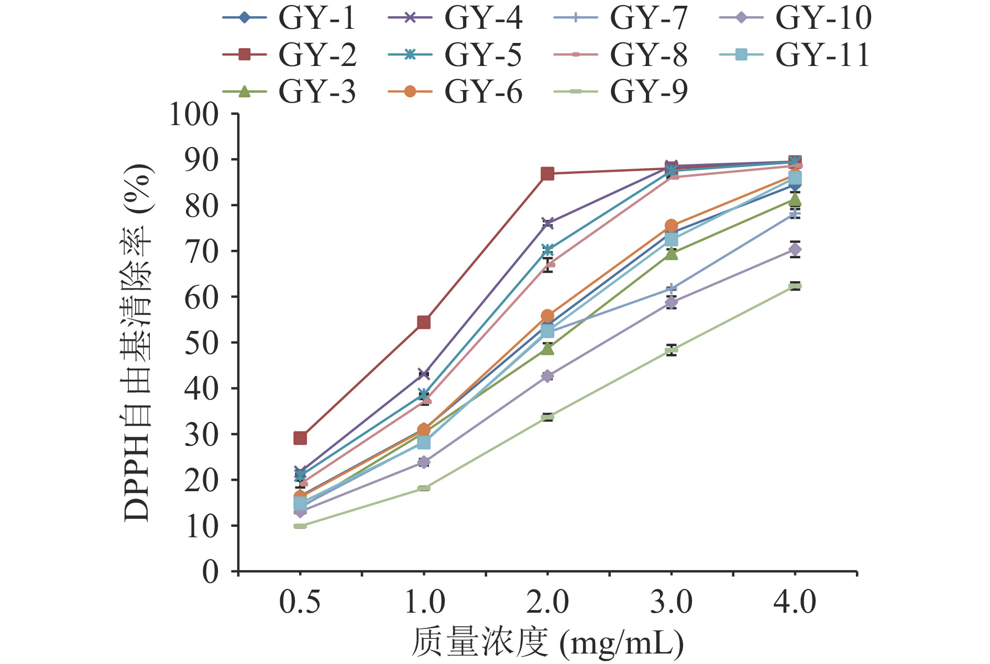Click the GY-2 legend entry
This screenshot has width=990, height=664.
click(x=289, y=54)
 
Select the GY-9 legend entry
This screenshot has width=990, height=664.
click(x=621, y=92)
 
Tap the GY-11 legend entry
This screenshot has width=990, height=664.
click(x=795, y=54)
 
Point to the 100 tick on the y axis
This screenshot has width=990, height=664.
click(x=194, y=114)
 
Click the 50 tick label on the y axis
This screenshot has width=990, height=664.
click(x=202, y=343)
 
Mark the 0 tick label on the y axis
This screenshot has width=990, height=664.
click(x=211, y=571)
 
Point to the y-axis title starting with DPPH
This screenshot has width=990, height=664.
click(x=137, y=343)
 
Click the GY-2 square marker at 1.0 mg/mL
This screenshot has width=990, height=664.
click(x=424, y=322)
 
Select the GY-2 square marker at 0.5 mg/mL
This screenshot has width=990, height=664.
click(x=300, y=438)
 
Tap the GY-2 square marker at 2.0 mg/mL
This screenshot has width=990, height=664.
click(x=547, y=174)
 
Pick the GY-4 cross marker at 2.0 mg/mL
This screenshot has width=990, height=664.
click(x=547, y=224)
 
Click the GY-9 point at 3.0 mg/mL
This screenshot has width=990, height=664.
click(x=672, y=350)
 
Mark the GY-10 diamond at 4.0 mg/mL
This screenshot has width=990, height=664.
click(x=795, y=249)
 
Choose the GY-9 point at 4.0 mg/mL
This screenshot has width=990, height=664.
click(x=795, y=286)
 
